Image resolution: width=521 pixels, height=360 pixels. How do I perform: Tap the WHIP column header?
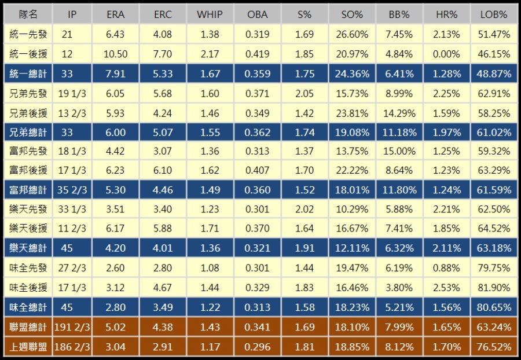pos(210,14)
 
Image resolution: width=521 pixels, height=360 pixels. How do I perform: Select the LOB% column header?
pos(493,14)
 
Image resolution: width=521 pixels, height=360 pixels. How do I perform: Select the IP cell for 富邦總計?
pos(71,190)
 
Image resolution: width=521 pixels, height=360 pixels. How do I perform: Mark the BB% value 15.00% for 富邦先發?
pos(399,152)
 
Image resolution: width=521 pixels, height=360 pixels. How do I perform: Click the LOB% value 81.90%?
pos(493,288)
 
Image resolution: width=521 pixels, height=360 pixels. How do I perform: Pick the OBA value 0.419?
pos(258,54)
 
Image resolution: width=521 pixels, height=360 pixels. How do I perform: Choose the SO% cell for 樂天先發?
pos(352,210)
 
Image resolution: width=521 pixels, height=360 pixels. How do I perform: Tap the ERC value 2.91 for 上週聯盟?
pos(163,347)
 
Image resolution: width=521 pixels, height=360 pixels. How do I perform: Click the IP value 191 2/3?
pos(71,327)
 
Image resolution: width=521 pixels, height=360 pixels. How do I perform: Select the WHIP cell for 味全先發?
pos(210,269)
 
